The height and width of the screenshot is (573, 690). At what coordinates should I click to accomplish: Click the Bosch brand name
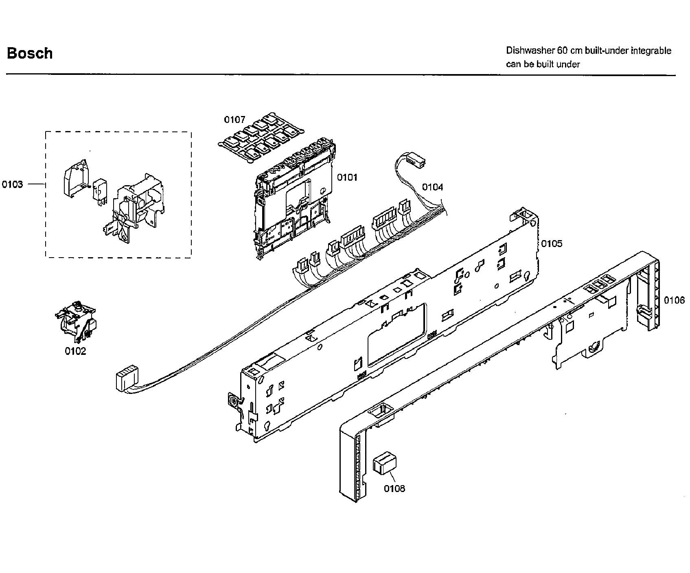point(30,53)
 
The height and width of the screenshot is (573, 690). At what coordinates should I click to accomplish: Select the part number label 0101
point(347,177)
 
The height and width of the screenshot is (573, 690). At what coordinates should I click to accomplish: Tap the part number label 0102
point(76,351)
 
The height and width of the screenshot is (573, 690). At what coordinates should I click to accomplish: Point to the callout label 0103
point(12,184)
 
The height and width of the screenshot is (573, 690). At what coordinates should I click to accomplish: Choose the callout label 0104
point(432,187)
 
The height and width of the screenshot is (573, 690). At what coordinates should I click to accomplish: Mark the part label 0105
point(552,243)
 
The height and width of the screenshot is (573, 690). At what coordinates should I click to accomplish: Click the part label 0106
point(675,300)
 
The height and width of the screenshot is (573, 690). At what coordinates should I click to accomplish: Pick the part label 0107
point(235,120)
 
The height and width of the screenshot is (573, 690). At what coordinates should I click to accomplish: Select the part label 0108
point(394,488)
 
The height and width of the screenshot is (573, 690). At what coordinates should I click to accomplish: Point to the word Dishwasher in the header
point(529,51)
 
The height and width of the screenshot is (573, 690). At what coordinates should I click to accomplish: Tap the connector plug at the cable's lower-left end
point(127,378)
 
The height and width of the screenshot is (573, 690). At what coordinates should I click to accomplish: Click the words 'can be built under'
point(543,64)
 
